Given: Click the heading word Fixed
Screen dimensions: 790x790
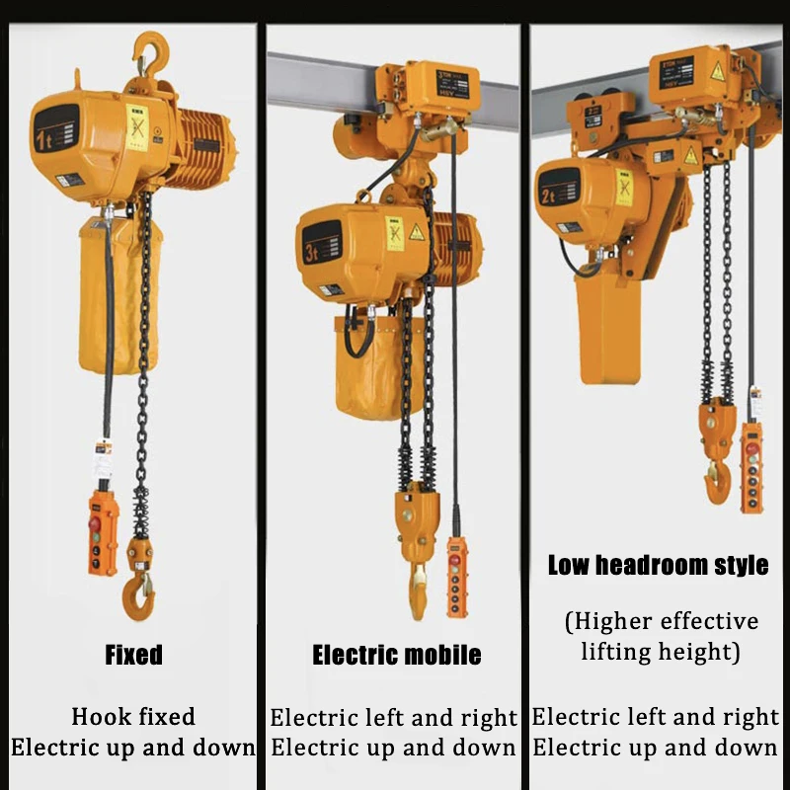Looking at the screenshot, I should coord(133,655).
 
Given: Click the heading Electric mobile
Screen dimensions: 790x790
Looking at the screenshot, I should coord(397,655).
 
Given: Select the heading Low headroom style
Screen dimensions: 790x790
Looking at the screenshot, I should coord(658,566).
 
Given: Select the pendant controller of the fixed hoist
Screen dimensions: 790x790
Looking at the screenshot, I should coord(104,531).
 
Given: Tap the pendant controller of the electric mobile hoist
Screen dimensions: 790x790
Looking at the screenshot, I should coord(456,578).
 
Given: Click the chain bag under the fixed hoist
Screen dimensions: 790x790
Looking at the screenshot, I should coord(117,296).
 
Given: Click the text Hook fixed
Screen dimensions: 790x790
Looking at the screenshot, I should coord(133,717).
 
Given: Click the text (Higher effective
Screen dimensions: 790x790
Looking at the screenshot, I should coord(662,621).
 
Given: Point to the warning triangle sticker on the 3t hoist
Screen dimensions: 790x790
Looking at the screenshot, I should coord(417,232).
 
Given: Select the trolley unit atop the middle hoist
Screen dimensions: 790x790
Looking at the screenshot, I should coord(427,89).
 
